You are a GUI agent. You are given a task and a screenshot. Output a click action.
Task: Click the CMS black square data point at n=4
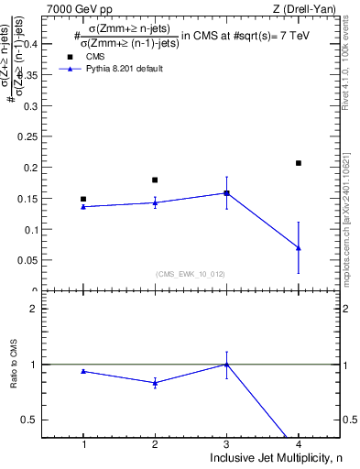click(x=299, y=163)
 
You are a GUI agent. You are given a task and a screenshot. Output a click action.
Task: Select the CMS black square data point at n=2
click(x=155, y=180)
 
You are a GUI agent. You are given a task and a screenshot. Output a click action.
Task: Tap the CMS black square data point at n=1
click(x=83, y=199)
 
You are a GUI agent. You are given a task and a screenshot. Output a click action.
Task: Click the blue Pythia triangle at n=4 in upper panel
click(x=299, y=247)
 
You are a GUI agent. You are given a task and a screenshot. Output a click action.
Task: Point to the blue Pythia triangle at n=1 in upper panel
click(x=83, y=206)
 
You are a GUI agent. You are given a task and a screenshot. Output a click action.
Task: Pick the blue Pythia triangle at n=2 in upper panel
click(x=155, y=202)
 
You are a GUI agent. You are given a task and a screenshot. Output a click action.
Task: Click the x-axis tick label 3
click(x=226, y=443)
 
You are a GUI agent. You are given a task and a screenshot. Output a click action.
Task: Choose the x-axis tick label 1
click(x=83, y=443)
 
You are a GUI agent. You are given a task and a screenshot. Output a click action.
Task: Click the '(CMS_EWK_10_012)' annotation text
click(x=191, y=274)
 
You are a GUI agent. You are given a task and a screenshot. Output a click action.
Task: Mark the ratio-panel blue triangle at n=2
click(x=155, y=383)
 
